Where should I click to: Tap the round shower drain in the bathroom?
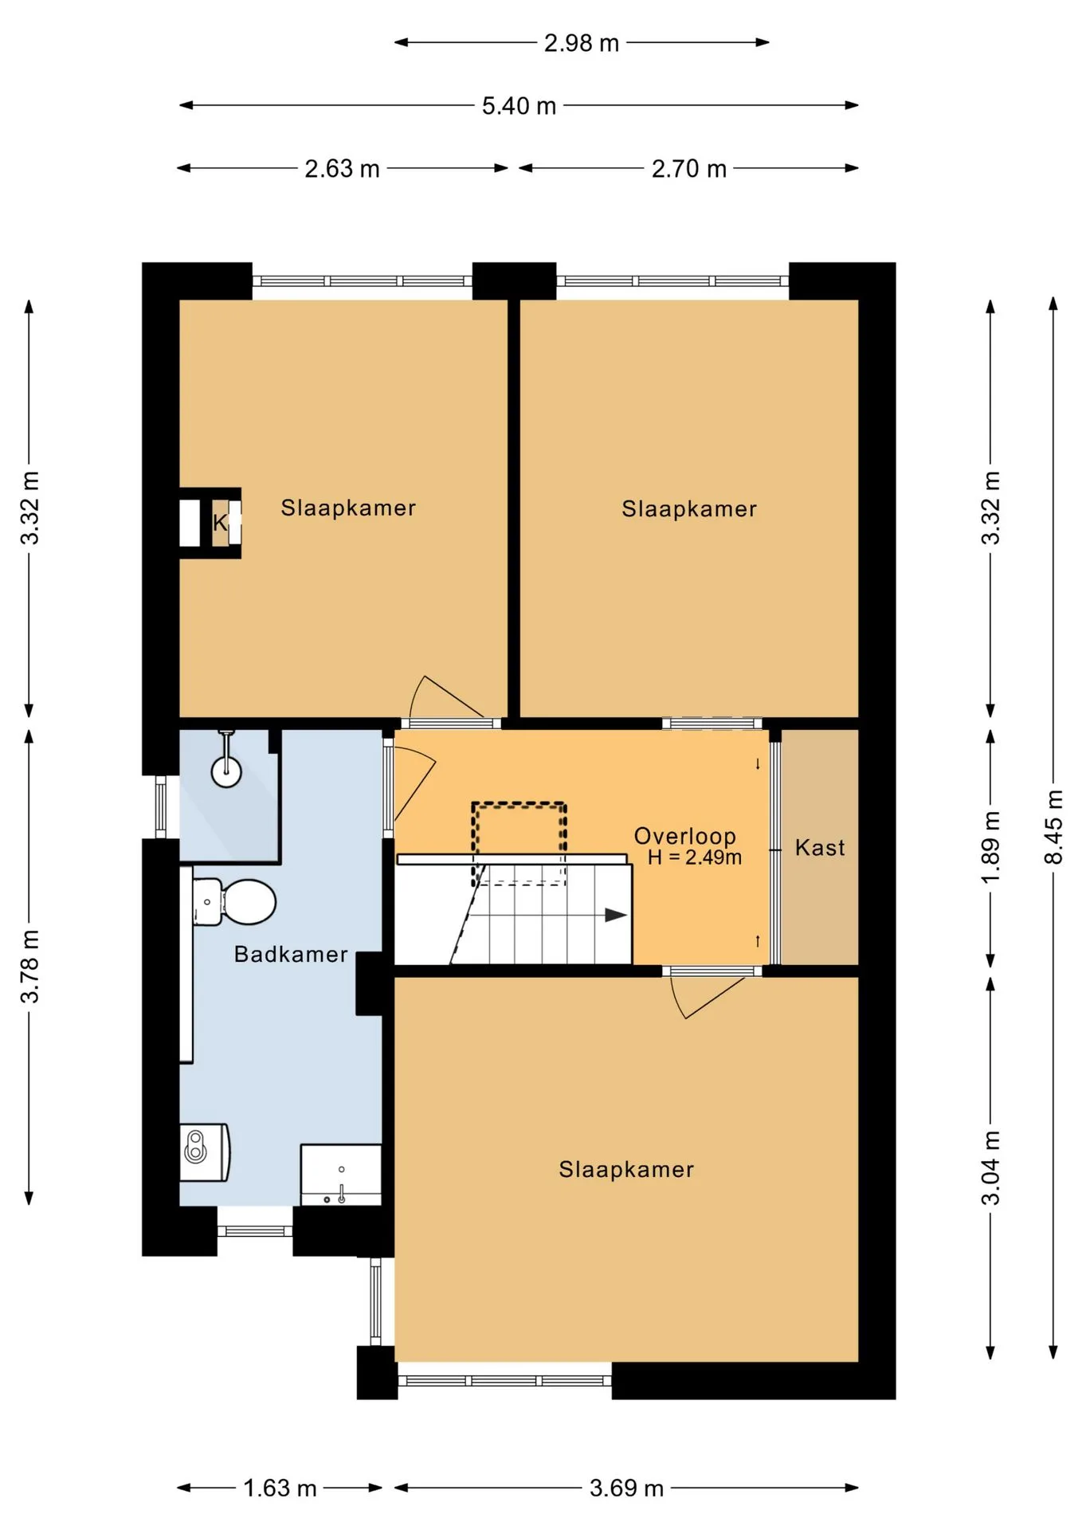click(226, 771)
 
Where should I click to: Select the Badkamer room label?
click(291, 954)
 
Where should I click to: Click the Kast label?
click(820, 847)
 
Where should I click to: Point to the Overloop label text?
click(685, 836)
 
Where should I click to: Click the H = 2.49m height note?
click(695, 857)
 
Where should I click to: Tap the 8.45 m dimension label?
click(1053, 826)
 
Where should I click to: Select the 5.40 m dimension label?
click(519, 105)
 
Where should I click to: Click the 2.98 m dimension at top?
click(582, 43)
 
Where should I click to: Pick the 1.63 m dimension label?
click(280, 1488)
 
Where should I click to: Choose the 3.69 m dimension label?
click(626, 1488)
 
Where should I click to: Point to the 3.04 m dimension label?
click(990, 1168)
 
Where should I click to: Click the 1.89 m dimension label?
click(990, 847)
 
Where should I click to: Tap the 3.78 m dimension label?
click(29, 966)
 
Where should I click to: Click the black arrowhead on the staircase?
click(616, 915)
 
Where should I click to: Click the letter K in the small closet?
click(220, 523)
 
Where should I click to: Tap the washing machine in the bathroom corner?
click(205, 1152)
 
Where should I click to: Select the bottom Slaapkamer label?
click(626, 1169)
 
